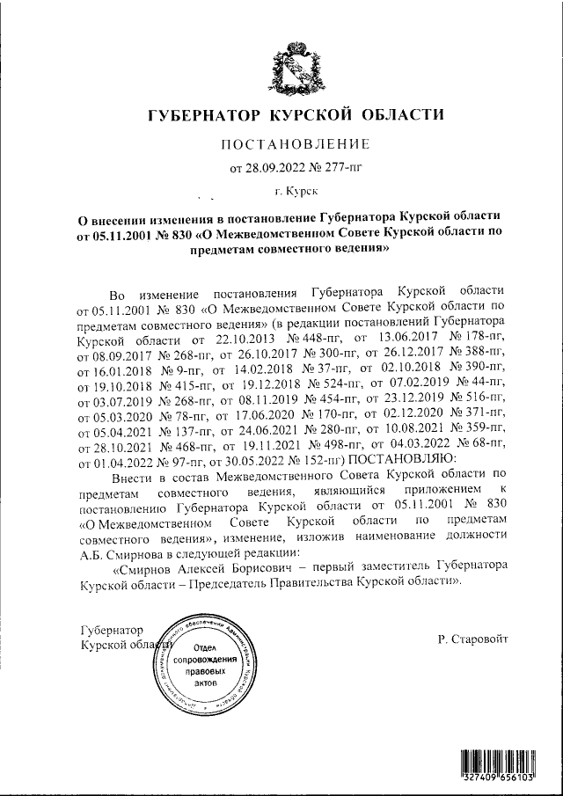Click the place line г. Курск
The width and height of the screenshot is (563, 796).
point(296,188)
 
